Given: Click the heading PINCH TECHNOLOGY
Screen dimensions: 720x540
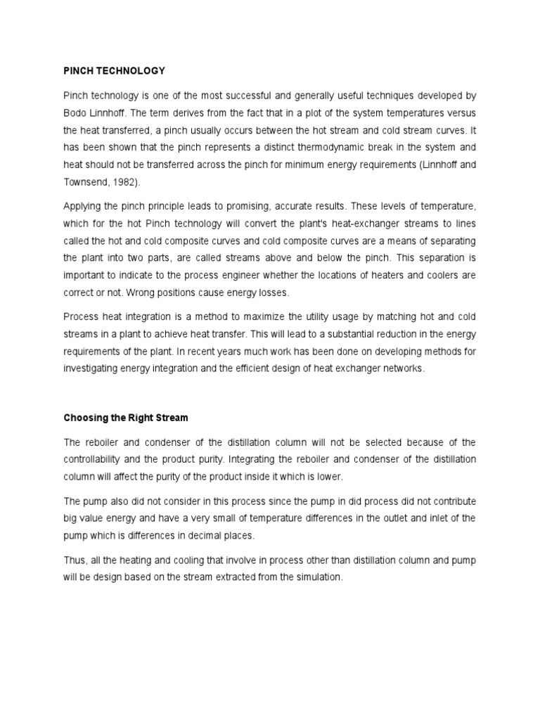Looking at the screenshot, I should (x=114, y=70).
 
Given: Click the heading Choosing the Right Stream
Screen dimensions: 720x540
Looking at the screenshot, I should (x=126, y=418).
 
